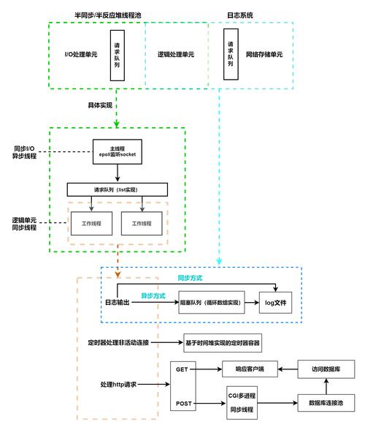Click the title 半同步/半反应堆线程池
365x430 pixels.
pos(107,15)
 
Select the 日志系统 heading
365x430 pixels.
pos(240,15)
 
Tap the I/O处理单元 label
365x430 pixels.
pos(81,54)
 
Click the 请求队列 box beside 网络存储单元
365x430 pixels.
pos(231,54)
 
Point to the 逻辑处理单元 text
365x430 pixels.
pos(176,54)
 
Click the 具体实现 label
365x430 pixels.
pos(100,105)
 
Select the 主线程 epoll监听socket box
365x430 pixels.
pos(118,151)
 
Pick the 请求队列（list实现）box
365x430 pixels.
pos(118,189)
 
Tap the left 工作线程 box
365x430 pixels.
pos(91,223)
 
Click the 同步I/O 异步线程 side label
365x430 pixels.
pos(24,152)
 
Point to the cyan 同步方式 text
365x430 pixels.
pos(190,278)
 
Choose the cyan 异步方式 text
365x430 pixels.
pos(153,295)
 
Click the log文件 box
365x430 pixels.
pos(275,303)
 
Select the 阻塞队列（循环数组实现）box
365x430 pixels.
pos(212,302)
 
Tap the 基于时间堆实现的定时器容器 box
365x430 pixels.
pos(223,343)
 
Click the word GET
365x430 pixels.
pos(182,369)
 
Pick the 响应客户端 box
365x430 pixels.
pos(250,369)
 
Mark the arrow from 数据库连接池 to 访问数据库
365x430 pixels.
pos(326,386)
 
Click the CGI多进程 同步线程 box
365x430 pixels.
pos(242,402)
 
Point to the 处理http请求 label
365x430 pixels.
pos(118,385)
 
